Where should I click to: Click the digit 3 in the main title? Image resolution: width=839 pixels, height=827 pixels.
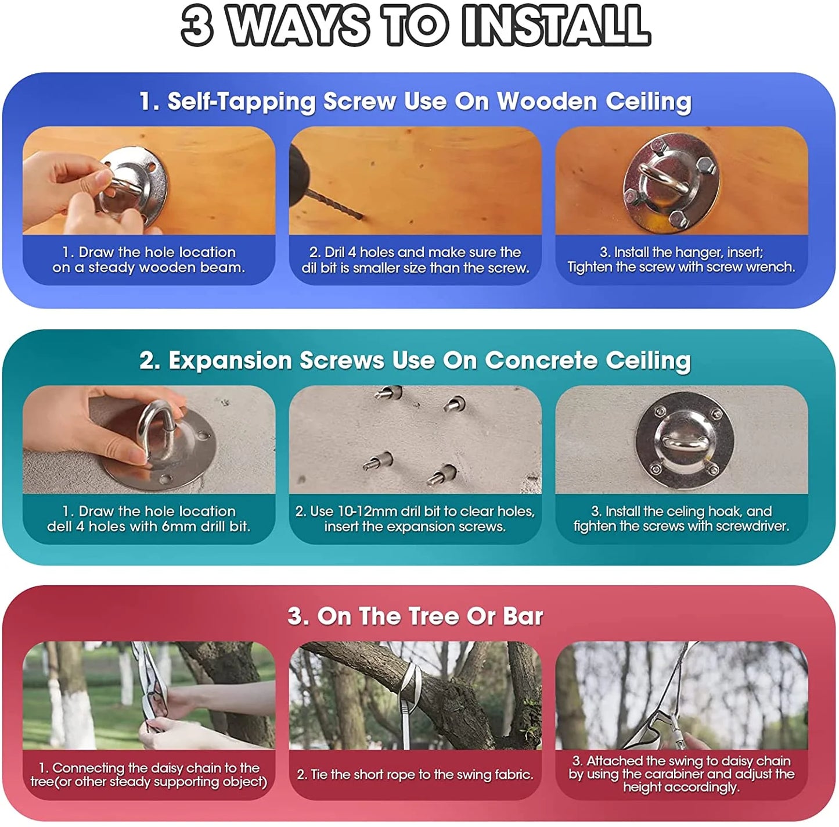click(197, 26)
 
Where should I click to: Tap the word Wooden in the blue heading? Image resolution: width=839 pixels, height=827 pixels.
click(548, 101)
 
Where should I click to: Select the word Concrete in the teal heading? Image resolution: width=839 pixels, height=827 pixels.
click(541, 360)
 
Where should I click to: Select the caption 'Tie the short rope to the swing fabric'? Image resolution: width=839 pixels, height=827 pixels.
click(415, 774)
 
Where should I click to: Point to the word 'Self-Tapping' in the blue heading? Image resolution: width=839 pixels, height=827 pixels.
click(241, 102)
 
